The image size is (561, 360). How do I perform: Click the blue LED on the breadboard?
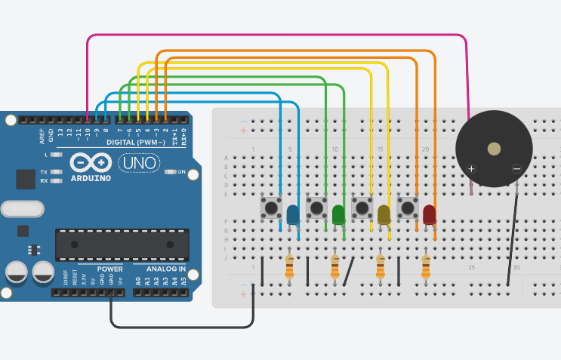pyautogui.click(x=293, y=215)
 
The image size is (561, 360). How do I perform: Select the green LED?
pyautogui.click(x=338, y=215)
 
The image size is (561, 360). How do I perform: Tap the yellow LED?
pyautogui.click(x=384, y=215)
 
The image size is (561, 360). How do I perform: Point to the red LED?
pyautogui.click(x=430, y=215)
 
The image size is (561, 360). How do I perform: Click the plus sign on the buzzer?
pyautogui.click(x=471, y=168)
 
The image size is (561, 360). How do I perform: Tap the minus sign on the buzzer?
pyautogui.click(x=517, y=168)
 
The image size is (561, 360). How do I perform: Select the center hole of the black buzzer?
pyautogui.click(x=494, y=149)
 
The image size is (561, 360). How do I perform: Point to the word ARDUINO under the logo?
pyautogui.click(x=90, y=179)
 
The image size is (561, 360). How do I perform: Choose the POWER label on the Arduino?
pyautogui.click(x=110, y=269)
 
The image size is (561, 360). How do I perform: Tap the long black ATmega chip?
pyautogui.click(x=122, y=244)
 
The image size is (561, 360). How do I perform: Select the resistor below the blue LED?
pyautogui.click(x=290, y=266)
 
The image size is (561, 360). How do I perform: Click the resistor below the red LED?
pyautogui.click(x=426, y=266)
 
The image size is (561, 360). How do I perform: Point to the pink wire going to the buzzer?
pyautogui.click(x=279, y=35)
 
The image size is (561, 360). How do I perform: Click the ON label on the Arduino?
pyautogui.click(x=181, y=172)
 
